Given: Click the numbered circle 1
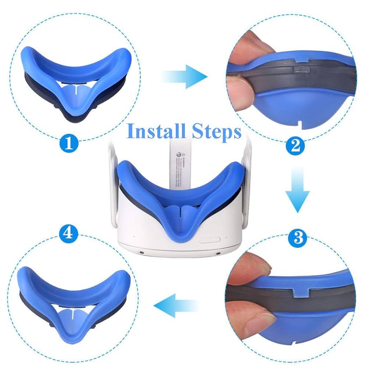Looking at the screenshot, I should click(69, 143).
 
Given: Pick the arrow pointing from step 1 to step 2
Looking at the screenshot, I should click(184, 76).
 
